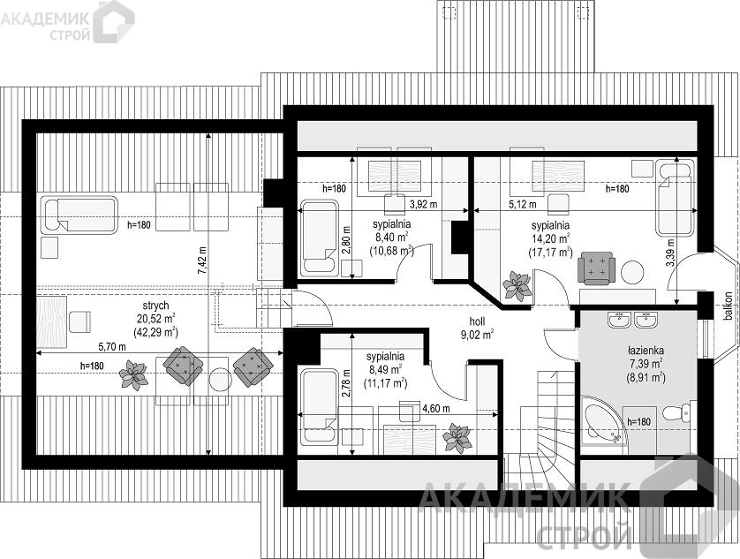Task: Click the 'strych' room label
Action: pos(155,306)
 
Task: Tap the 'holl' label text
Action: pos(477,322)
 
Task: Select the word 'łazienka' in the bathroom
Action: pos(646,351)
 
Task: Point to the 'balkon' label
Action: pos(729,306)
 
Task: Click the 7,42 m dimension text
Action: pos(202,261)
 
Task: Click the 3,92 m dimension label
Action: pos(423,204)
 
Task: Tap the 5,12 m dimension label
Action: pos(523,204)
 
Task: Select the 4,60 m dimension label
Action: pos(435,408)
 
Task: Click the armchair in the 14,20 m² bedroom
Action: pos(597,268)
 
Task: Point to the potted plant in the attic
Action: pos(133,374)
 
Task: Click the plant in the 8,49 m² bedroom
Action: pos(457,438)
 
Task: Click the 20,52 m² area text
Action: pos(155,319)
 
